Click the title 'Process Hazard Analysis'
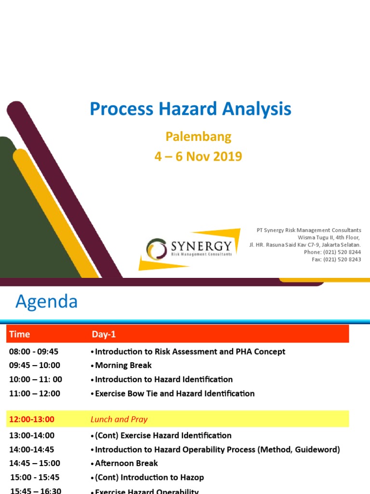190,109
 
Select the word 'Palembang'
198,137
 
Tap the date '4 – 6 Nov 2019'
198,156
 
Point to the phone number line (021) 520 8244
332,252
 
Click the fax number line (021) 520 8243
336,259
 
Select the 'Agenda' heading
46,302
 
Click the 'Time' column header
19,334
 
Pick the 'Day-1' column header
104,334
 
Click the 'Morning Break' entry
123,365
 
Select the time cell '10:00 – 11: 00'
36,379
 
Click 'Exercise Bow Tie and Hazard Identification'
174,393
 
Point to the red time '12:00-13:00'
32,419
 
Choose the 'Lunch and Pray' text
119,419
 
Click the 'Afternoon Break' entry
126,463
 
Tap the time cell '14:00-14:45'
32,449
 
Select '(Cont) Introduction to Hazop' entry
149,477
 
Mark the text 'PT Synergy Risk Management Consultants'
308,230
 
